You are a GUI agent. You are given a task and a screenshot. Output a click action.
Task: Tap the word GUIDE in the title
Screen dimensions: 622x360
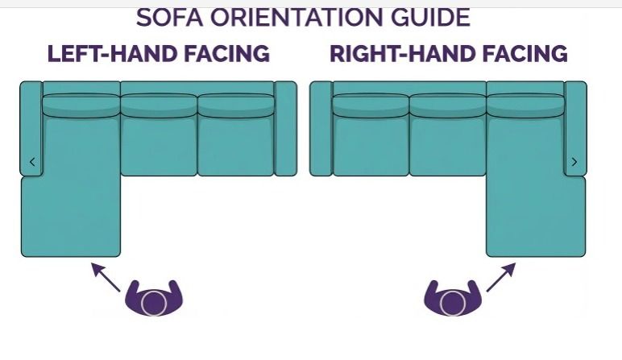coord(430,18)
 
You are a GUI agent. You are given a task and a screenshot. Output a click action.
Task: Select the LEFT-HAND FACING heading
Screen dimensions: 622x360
coord(158,53)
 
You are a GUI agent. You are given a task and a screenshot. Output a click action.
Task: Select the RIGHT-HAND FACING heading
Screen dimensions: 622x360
coord(449,53)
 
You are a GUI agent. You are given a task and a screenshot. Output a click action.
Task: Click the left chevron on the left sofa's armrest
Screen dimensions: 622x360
coord(32,162)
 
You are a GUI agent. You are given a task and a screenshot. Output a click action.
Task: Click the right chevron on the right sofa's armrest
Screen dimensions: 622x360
coord(574,162)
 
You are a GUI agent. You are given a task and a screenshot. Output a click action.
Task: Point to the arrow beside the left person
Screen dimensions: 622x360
coord(106,277)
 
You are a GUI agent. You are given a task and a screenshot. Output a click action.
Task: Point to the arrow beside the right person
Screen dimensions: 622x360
coord(501,277)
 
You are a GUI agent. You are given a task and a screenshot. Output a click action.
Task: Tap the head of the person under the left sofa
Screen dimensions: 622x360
coord(154,304)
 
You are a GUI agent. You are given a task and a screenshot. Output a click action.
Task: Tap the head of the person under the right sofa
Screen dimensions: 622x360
coord(453,304)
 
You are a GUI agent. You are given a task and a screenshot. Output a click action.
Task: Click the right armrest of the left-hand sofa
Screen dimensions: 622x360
coord(285,129)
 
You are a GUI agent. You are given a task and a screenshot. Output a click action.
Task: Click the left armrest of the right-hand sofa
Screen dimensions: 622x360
coord(321,129)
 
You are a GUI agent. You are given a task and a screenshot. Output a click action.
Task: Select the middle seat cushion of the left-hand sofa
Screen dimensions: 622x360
coord(159,147)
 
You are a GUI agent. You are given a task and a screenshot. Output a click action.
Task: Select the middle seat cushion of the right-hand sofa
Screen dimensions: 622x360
coord(448,147)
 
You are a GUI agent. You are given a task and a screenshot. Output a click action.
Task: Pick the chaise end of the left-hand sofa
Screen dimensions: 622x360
coord(71,216)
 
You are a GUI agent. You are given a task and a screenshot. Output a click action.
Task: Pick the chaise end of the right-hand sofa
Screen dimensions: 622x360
coord(536,216)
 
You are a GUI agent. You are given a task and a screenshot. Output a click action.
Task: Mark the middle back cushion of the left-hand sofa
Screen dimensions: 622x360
coord(159,106)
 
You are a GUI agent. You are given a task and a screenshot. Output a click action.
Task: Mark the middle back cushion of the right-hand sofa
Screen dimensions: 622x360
coord(448,106)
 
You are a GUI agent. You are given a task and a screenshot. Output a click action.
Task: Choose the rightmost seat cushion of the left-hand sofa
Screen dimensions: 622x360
coord(235,147)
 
